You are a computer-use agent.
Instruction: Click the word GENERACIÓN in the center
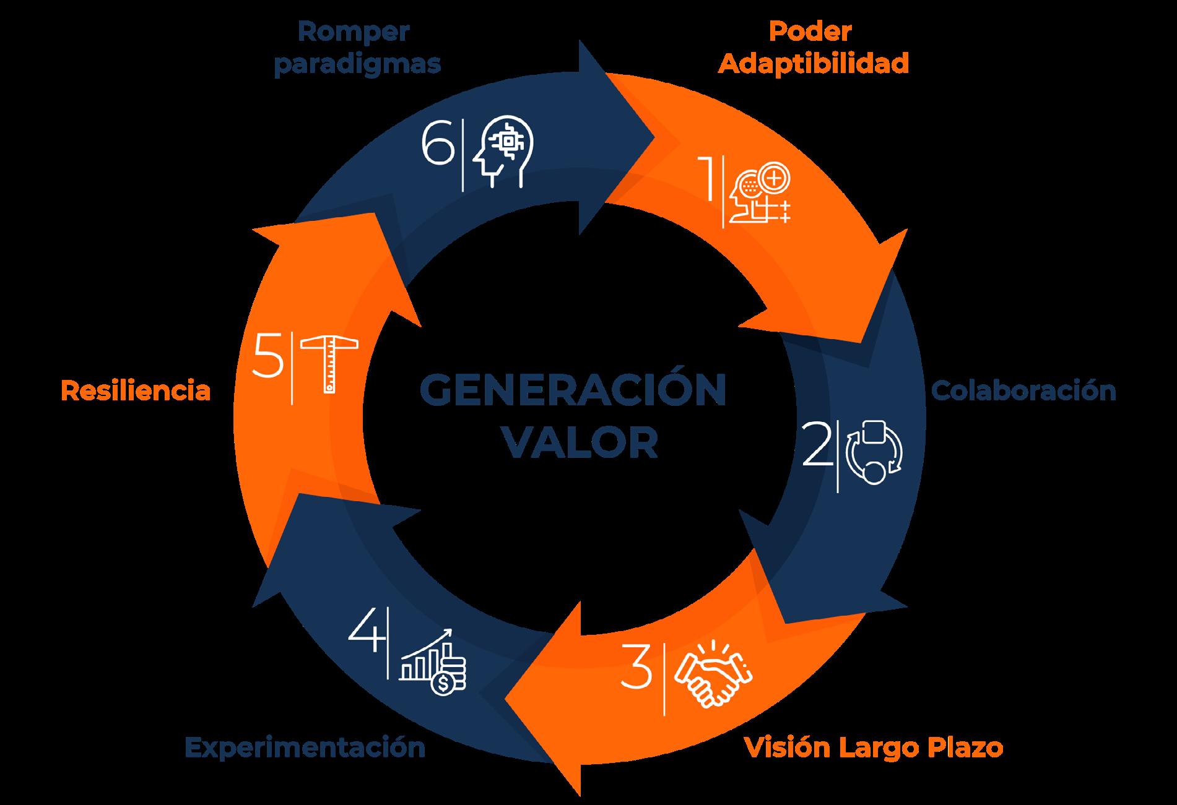click(573, 390)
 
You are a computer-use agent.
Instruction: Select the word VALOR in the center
click(579, 442)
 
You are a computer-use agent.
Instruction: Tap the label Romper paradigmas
click(357, 48)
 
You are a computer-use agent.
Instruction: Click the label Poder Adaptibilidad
click(813, 48)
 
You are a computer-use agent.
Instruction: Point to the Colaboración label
click(1023, 391)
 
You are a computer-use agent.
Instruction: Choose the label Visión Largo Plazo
click(873, 747)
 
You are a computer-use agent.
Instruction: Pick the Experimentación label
click(305, 747)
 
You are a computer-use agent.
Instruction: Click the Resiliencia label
click(136, 391)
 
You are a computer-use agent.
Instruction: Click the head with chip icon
click(502, 152)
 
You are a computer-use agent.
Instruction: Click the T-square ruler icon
click(328, 363)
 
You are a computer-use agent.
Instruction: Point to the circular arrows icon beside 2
click(874, 452)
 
